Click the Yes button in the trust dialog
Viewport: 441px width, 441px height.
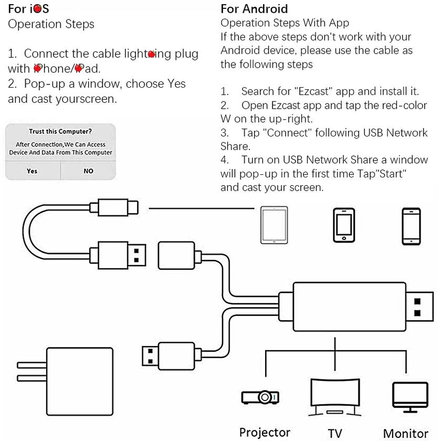point(32,171)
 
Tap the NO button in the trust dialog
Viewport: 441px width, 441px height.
point(88,171)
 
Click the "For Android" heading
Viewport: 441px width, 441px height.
point(254,9)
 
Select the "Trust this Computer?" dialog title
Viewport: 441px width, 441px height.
point(60,131)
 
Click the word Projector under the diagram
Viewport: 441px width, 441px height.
point(265,432)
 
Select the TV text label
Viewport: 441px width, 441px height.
point(335,433)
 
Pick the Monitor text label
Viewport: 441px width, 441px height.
point(405,433)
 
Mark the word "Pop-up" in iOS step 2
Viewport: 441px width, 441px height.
point(44,84)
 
